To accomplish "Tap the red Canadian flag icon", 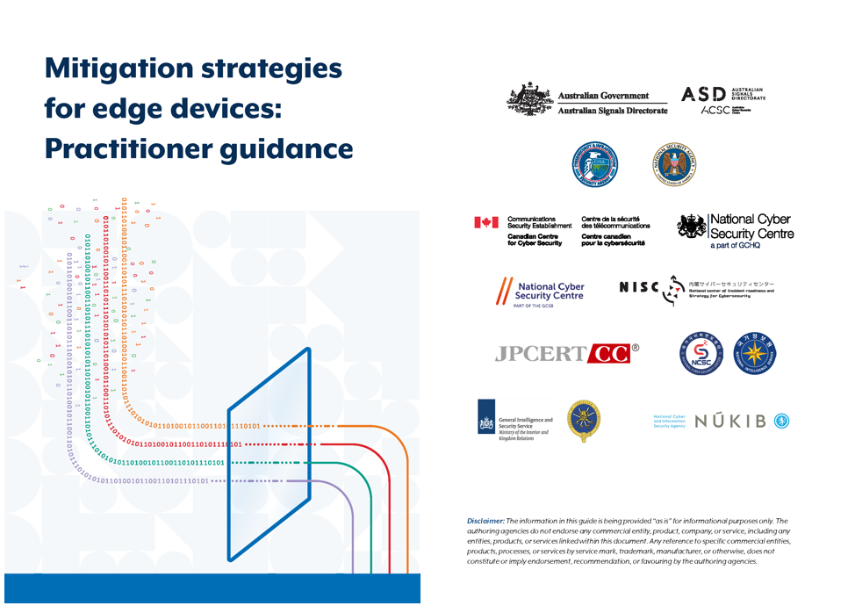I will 485,223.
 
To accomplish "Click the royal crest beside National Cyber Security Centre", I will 691,228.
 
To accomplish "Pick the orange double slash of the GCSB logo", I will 504,291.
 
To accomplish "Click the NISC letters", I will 638,288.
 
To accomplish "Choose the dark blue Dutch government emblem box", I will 485,421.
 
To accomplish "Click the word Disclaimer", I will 486,521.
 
